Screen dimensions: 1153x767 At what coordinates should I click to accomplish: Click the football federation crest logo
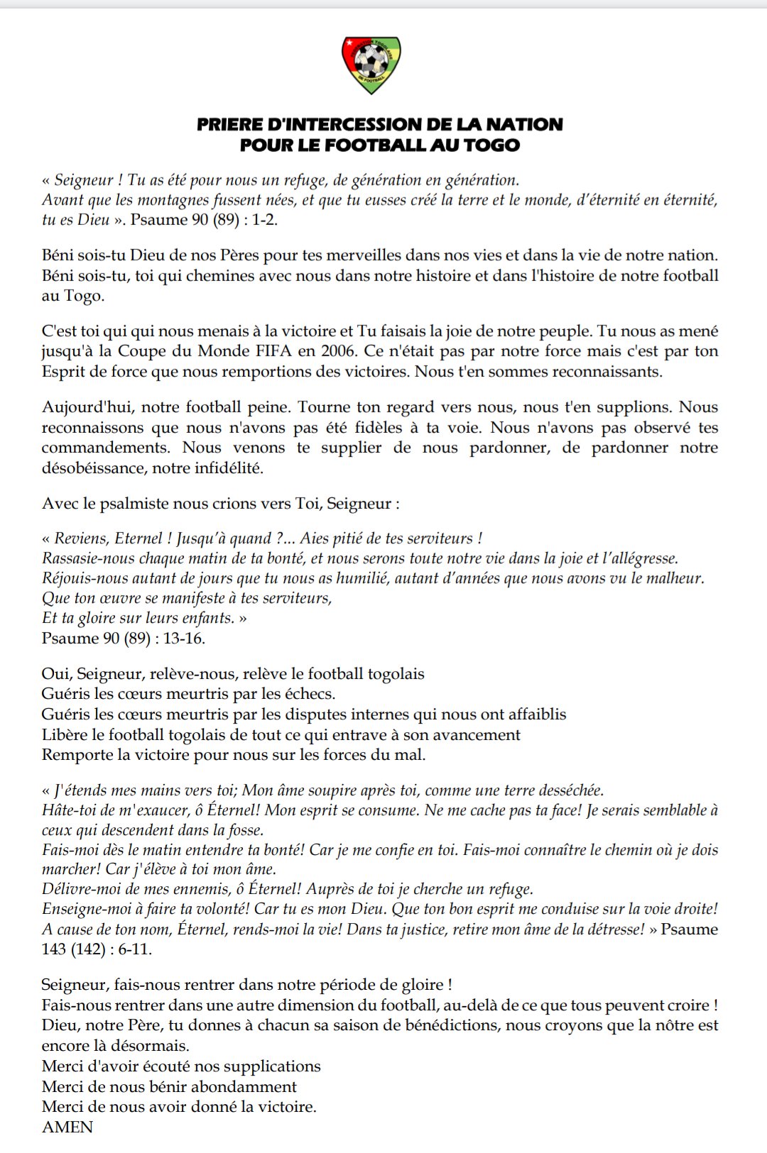tap(371, 65)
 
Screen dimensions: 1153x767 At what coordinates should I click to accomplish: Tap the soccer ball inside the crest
tap(370, 63)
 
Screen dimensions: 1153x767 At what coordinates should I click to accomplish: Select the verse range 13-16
tap(183, 639)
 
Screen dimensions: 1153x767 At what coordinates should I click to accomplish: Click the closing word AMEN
tap(67, 1127)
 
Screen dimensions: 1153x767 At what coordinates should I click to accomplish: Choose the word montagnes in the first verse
tap(168, 200)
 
